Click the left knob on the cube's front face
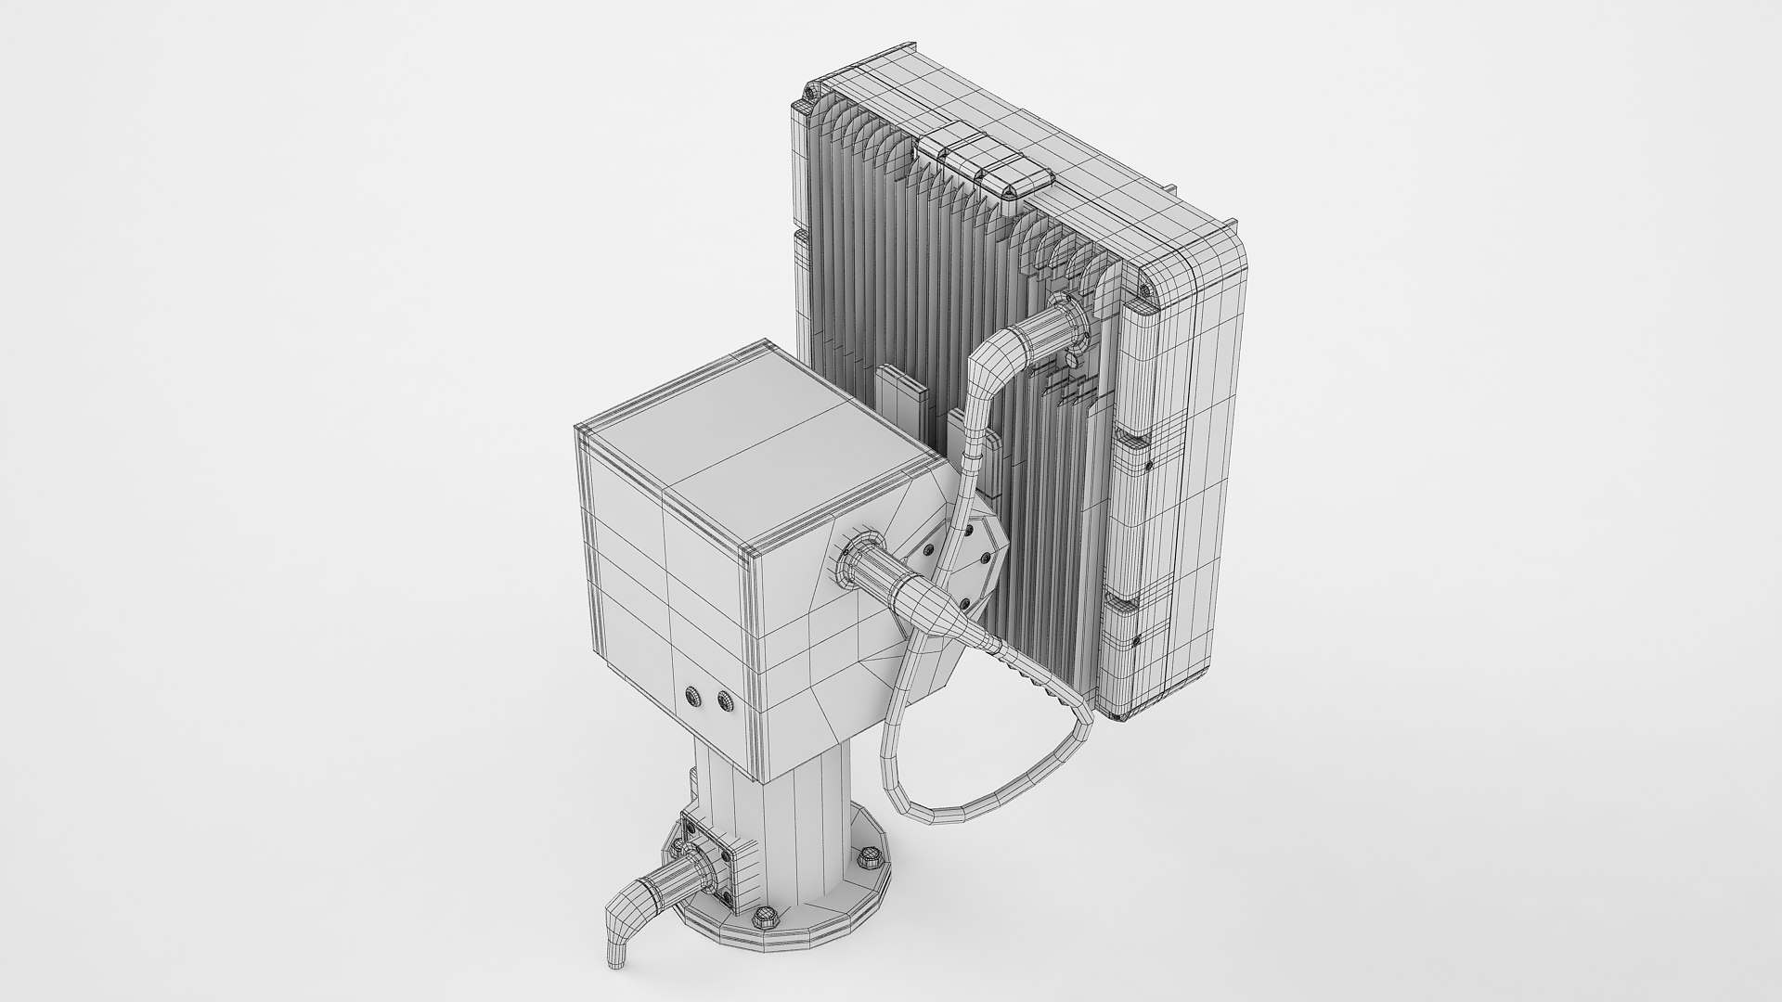click(692, 696)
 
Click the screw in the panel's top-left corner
click(810, 93)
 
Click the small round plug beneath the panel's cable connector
click(1069, 357)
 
